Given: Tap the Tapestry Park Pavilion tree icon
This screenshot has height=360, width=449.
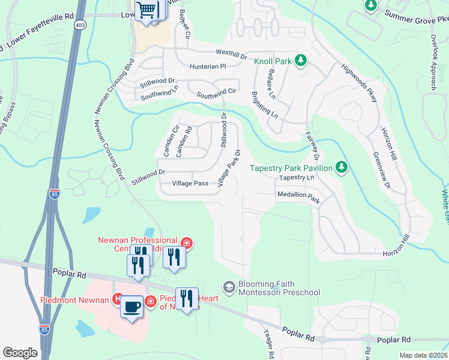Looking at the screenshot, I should click(342, 167).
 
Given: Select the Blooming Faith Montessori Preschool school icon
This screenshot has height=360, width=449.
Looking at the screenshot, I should click(229, 288).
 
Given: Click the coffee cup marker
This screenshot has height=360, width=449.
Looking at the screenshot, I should click(132, 307).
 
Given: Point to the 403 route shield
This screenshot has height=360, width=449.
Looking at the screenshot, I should click(80, 25).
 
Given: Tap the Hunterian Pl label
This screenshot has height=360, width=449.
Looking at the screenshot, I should click(207, 67).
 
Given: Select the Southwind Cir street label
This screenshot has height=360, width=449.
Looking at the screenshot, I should click(217, 94).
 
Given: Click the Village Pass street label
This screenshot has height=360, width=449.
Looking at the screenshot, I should click(190, 184).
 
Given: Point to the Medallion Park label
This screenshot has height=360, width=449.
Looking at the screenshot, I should click(298, 196).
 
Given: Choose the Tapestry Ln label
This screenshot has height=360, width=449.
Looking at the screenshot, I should click(297, 178).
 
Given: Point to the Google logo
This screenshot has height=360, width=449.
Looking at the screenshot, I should click(20, 353).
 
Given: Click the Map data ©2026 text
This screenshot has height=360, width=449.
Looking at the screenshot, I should click(423, 355).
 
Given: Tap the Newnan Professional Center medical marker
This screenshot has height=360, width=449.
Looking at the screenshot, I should click(187, 243).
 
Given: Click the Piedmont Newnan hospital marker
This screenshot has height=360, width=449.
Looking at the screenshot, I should click(118, 299).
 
